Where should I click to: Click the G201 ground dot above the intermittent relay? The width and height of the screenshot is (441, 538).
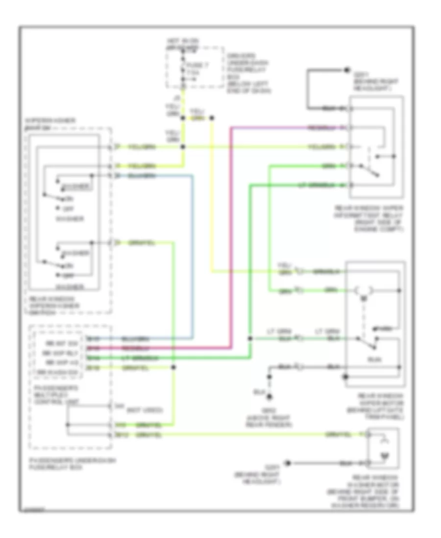coord(346,70)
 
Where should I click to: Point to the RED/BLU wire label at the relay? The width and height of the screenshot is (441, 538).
coord(321,128)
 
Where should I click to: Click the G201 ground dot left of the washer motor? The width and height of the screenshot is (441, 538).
coord(289,462)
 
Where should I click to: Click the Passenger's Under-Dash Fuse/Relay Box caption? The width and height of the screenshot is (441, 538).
coord(71,464)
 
